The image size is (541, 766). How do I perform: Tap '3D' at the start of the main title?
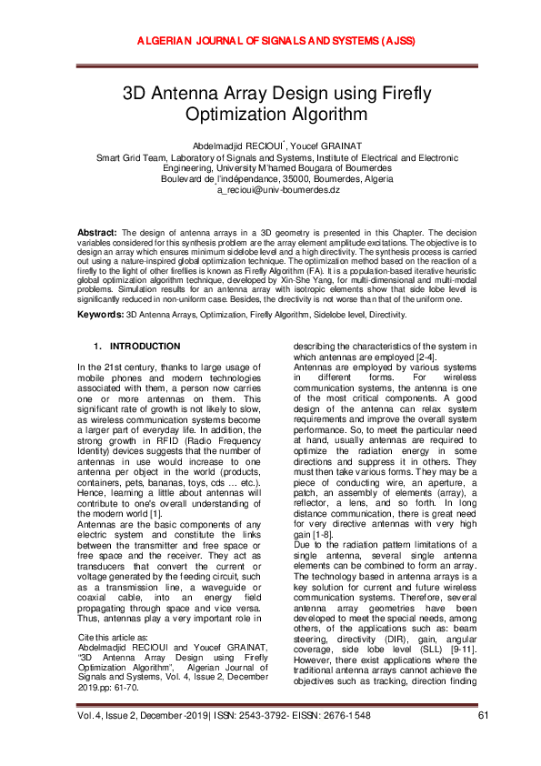[138, 93]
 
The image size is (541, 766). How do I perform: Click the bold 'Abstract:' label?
[96, 234]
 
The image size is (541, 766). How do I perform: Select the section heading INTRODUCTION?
[145, 347]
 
